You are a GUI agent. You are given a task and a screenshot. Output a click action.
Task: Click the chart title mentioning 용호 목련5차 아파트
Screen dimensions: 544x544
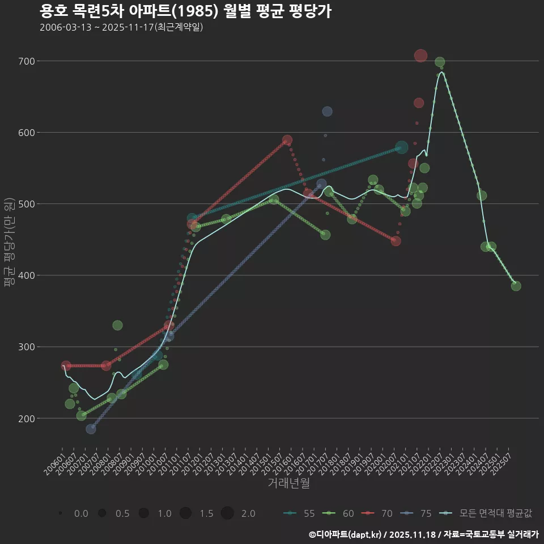pos(186,11)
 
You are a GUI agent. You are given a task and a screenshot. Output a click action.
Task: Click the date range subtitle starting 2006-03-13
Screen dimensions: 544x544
pos(121,27)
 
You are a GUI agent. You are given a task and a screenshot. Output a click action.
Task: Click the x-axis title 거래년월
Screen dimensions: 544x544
pos(288,483)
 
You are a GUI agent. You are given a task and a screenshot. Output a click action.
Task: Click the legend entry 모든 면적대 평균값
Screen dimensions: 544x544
pos(487,513)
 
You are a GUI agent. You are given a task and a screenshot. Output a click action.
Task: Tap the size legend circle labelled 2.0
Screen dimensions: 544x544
pos(227,513)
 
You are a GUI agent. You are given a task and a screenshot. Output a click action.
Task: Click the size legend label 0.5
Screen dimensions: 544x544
pos(122,513)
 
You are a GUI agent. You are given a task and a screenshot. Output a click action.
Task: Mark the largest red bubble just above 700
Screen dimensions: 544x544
pos(420,56)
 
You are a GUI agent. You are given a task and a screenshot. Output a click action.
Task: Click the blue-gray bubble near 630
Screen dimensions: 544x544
pos(327,112)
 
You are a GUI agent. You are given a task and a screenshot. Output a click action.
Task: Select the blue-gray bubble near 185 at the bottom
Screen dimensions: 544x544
pos(91,429)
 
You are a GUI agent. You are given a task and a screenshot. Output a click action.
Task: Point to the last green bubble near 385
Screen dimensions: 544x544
pos(516,286)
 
